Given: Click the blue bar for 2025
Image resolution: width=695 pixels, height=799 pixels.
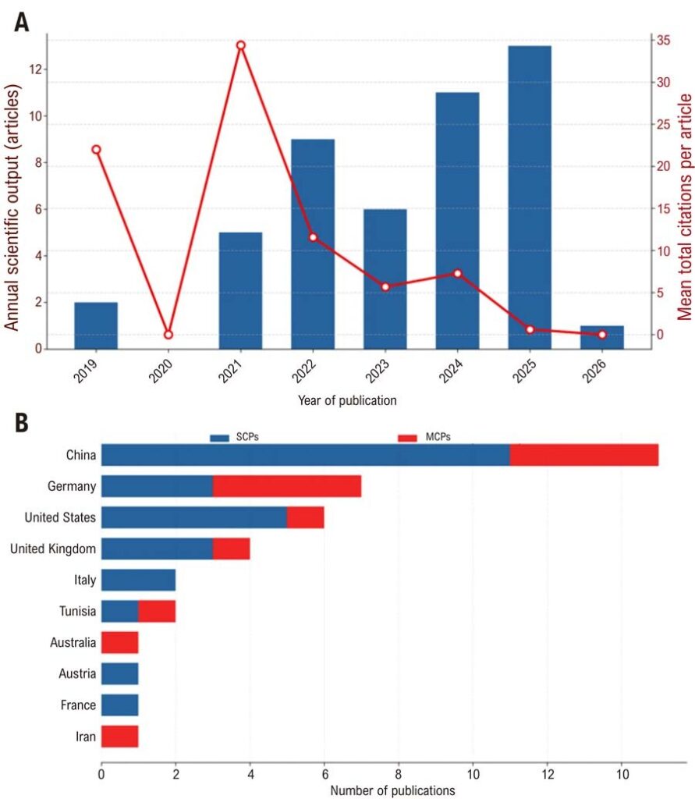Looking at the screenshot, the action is [530, 197].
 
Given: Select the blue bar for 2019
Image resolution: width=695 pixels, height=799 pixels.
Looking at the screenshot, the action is [96, 325].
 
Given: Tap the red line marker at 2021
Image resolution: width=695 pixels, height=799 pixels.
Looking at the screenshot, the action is [240, 45].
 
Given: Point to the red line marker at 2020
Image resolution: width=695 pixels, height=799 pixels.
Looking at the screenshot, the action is [168, 334].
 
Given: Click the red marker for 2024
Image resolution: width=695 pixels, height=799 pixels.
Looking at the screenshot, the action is [458, 274].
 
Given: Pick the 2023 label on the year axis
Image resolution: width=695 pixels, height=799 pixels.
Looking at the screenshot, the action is [378, 371].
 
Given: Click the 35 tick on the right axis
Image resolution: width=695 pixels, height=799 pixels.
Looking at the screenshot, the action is [663, 40].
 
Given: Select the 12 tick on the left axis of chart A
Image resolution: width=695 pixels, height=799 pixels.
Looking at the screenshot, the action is [36, 69].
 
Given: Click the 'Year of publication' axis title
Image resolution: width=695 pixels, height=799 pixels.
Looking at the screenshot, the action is [347, 400].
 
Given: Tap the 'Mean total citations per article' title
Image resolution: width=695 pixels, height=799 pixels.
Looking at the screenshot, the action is [685, 207].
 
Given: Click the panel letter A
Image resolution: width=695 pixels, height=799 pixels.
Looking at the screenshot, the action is [21, 22].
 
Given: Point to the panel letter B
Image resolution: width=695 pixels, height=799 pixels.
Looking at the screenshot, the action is [21, 422].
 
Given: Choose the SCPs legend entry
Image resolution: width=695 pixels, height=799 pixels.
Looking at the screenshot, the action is [234, 437].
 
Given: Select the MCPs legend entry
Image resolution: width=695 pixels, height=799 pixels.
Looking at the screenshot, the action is [424, 437].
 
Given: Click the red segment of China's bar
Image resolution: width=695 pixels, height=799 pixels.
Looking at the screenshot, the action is [584, 455].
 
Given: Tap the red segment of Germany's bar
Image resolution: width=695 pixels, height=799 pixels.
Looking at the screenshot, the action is [287, 486].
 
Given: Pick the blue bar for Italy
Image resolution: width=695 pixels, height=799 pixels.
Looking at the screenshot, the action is [139, 580].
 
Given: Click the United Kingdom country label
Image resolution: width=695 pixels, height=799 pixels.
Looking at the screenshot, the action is [53, 549].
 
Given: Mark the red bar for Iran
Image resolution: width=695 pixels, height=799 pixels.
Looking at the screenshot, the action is [120, 737].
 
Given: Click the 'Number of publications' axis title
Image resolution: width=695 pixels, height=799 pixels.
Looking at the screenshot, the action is [393, 790].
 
